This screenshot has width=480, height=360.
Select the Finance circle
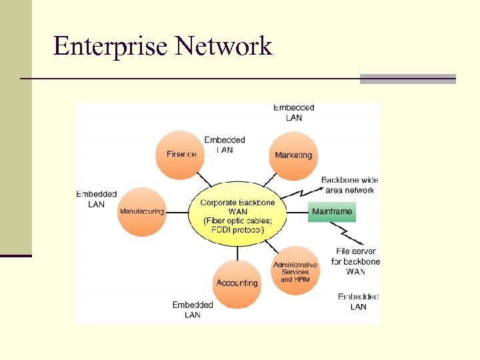(181, 154)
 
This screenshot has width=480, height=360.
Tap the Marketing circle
(293, 155)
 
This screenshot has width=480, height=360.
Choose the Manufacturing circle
(142, 211)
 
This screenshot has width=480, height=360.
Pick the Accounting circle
(237, 283)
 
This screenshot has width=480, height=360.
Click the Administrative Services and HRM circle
(295, 271)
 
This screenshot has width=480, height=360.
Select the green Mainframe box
(332, 212)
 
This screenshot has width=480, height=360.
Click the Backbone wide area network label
(349, 185)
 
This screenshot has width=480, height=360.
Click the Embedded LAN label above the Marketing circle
(293, 113)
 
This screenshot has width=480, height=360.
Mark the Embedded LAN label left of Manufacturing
(97, 199)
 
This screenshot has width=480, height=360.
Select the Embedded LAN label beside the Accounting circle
(193, 309)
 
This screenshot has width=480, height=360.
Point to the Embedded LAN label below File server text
(358, 302)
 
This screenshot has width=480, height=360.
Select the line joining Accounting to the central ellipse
(237, 251)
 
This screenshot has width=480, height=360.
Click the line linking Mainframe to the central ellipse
(297, 213)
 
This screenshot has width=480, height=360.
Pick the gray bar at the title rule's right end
(407, 79)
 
